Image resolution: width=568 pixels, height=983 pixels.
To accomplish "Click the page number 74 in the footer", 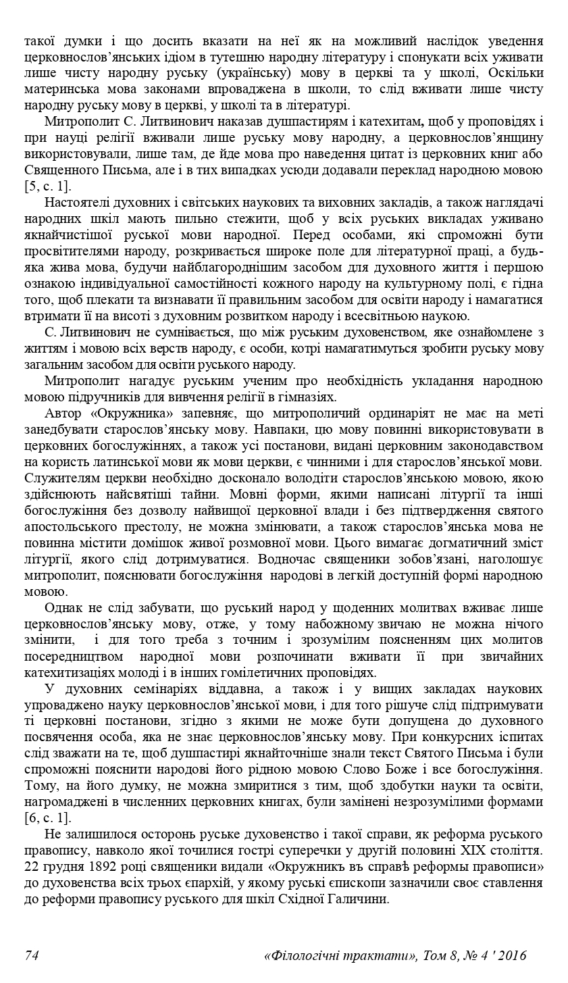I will (31, 955).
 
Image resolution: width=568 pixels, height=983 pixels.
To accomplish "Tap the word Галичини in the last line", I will (359, 899).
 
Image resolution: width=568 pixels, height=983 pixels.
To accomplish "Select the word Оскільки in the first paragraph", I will (517, 73).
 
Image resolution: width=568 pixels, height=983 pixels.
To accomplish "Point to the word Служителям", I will (63, 477).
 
